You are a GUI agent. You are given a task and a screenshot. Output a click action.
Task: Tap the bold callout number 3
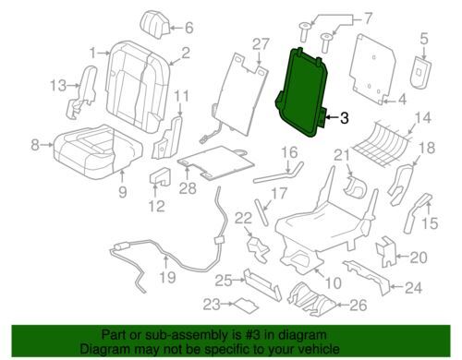(x=344, y=118)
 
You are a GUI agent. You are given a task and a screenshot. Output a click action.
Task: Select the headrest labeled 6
(x=155, y=24)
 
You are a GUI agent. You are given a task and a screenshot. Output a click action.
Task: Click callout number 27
(x=261, y=45)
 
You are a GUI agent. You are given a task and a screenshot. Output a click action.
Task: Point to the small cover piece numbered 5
(x=420, y=72)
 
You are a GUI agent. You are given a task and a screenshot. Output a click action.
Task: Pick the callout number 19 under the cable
(x=167, y=277)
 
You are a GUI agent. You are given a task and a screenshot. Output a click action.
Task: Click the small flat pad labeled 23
(x=246, y=305)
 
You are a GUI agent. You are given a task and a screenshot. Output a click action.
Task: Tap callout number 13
(x=58, y=85)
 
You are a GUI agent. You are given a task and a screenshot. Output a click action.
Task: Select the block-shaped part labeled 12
(x=160, y=176)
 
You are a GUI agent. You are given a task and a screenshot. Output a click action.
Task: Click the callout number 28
(x=188, y=187)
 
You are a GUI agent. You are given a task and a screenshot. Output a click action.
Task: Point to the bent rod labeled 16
(x=279, y=174)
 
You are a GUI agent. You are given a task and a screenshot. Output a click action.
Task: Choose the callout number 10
(x=333, y=282)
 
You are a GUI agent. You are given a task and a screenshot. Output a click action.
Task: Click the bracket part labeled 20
(x=385, y=252)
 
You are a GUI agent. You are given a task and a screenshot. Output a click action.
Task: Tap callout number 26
(x=359, y=305)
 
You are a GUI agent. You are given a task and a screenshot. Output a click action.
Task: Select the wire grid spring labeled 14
(x=382, y=144)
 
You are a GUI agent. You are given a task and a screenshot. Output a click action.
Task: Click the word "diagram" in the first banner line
(x=300, y=335)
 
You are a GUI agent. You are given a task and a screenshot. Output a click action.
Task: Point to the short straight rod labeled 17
(x=261, y=212)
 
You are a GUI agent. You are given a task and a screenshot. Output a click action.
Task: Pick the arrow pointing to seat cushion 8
(x=47, y=144)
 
